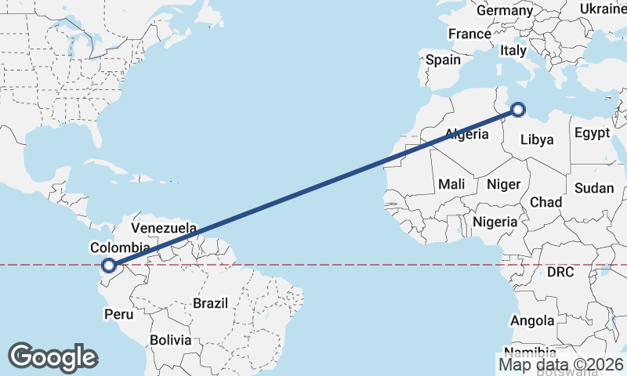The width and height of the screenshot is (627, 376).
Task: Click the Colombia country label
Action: (119, 248)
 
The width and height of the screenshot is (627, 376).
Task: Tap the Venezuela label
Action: (164, 228)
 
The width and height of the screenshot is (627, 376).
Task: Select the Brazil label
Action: (210, 303)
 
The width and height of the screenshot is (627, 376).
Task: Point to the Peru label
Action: (118, 314)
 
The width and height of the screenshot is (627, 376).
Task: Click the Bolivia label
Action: (171, 340)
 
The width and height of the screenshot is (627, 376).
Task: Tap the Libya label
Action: (538, 140)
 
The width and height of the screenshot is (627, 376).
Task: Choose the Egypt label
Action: (592, 133)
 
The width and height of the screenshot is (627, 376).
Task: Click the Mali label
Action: (451, 184)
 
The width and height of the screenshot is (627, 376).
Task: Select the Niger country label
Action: (504, 185)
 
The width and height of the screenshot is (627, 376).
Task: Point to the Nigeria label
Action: (495, 222)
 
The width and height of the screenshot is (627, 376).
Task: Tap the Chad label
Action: (546, 202)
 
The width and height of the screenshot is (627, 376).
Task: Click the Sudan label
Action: (594, 188)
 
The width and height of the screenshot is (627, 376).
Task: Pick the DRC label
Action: (561, 273)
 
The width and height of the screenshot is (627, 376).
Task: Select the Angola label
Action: (532, 320)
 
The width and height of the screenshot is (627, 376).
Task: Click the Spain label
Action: (444, 60)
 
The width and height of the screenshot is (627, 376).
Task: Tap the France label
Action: (469, 34)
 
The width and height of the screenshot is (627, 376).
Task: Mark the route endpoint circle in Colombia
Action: (110, 266)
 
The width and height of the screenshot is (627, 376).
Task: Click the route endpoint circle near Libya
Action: (518, 110)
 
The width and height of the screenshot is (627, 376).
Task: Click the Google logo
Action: (53, 357)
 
